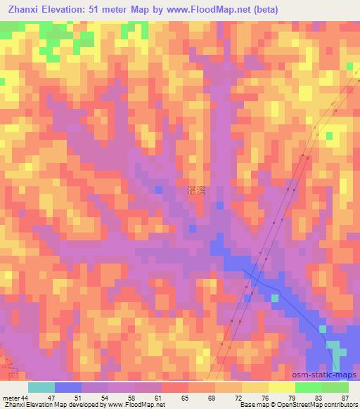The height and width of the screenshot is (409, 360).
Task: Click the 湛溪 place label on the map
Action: point(197,190)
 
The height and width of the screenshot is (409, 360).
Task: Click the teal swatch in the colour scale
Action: point(41,388)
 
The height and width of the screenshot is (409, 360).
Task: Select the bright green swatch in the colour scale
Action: point(308,388)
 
